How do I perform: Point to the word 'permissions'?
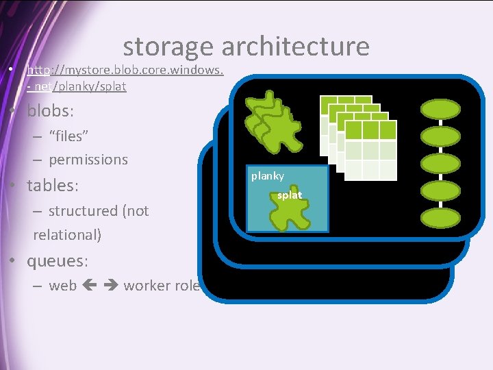pos(88,160)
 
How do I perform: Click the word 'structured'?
pos(83,211)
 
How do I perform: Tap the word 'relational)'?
pos(67,234)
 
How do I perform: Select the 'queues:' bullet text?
pos(56,261)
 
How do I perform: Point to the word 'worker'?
pos(147,286)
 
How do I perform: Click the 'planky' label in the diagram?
pos(267,176)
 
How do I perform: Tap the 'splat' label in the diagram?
pos(290,195)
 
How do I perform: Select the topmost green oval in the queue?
pos(440,109)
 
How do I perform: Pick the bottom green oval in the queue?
pos(440,218)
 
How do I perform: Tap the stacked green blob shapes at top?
pos(274,116)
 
